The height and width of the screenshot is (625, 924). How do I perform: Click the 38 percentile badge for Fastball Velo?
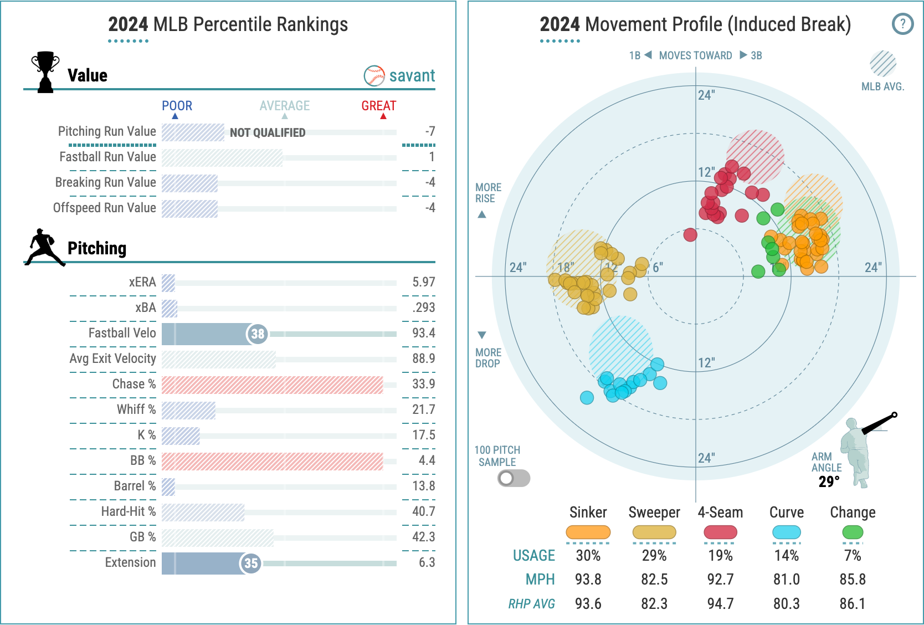(x=257, y=334)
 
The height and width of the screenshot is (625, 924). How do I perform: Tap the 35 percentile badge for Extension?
(x=251, y=563)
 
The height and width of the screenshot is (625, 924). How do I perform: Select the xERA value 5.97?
(x=423, y=282)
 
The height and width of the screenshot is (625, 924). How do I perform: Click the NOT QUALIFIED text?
(x=268, y=133)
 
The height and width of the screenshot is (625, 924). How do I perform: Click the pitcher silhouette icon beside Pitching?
(x=44, y=247)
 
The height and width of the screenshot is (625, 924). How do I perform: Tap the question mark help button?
(x=902, y=24)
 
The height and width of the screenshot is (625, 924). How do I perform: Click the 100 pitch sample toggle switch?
(x=514, y=478)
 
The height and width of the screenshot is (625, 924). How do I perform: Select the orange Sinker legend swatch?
(x=588, y=532)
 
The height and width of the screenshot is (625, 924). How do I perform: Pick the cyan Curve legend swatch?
(x=786, y=532)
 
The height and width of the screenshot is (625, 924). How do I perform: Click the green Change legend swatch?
(x=853, y=532)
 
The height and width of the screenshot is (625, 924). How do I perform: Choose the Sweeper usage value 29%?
(x=654, y=555)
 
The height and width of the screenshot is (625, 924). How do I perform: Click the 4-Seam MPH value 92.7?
(x=720, y=580)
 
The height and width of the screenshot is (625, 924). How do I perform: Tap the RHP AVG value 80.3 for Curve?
(x=786, y=603)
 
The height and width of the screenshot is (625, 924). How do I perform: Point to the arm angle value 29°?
(x=829, y=482)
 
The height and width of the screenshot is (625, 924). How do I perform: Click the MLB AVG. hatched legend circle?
(x=883, y=64)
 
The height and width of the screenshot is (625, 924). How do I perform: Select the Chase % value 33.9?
(x=423, y=384)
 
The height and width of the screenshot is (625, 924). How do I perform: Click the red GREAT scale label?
(x=379, y=106)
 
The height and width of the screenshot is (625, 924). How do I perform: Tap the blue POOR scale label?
(x=177, y=106)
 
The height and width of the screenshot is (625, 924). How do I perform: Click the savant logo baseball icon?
(x=374, y=76)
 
